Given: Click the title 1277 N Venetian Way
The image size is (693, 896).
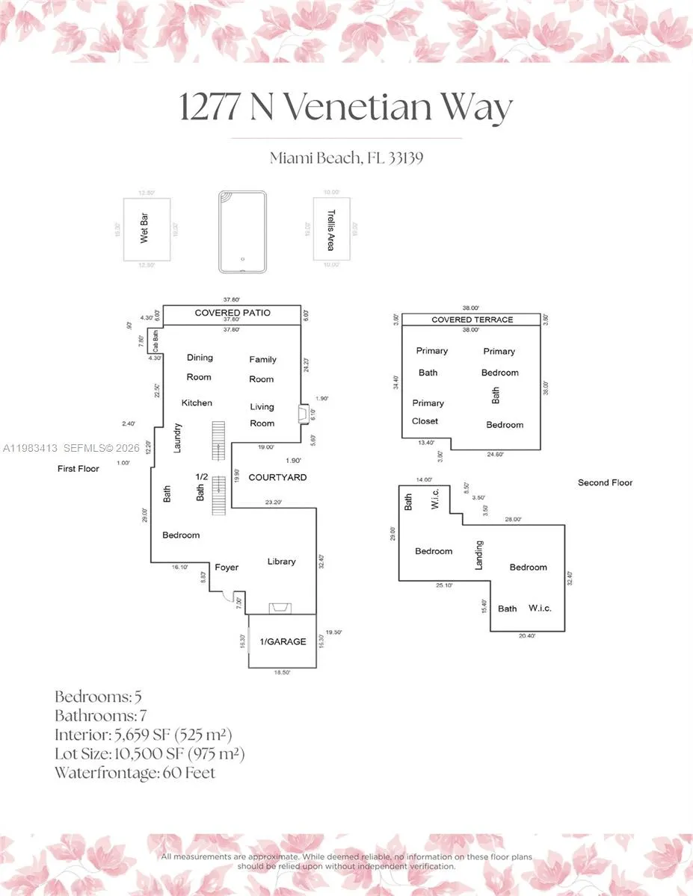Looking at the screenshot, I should coord(345,107).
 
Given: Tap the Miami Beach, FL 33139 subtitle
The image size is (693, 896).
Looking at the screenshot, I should coord(346,158).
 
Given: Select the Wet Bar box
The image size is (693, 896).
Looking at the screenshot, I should coord(147,230).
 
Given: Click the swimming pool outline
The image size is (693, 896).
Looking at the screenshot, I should coord(242,232).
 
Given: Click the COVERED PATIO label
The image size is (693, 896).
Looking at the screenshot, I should coord(232,313).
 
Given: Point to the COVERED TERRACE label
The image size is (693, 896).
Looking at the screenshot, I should coord(472,320).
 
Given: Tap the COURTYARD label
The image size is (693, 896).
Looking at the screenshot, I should coord(277,477).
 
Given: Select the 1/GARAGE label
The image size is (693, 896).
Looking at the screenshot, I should coord(283,641).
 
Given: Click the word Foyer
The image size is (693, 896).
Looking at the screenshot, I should coord(227,567).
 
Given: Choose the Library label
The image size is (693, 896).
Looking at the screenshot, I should coord(282,561).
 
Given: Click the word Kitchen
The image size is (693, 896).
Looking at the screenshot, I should coord(197,403).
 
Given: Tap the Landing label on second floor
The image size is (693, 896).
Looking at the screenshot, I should coord(479,555).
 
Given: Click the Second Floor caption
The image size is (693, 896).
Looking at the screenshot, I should coord(605,482).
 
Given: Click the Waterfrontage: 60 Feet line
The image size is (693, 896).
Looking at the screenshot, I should coord(135,773).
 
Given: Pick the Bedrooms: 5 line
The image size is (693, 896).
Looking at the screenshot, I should coord(98,697).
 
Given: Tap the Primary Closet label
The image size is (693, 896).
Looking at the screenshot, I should coord(428,411).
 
